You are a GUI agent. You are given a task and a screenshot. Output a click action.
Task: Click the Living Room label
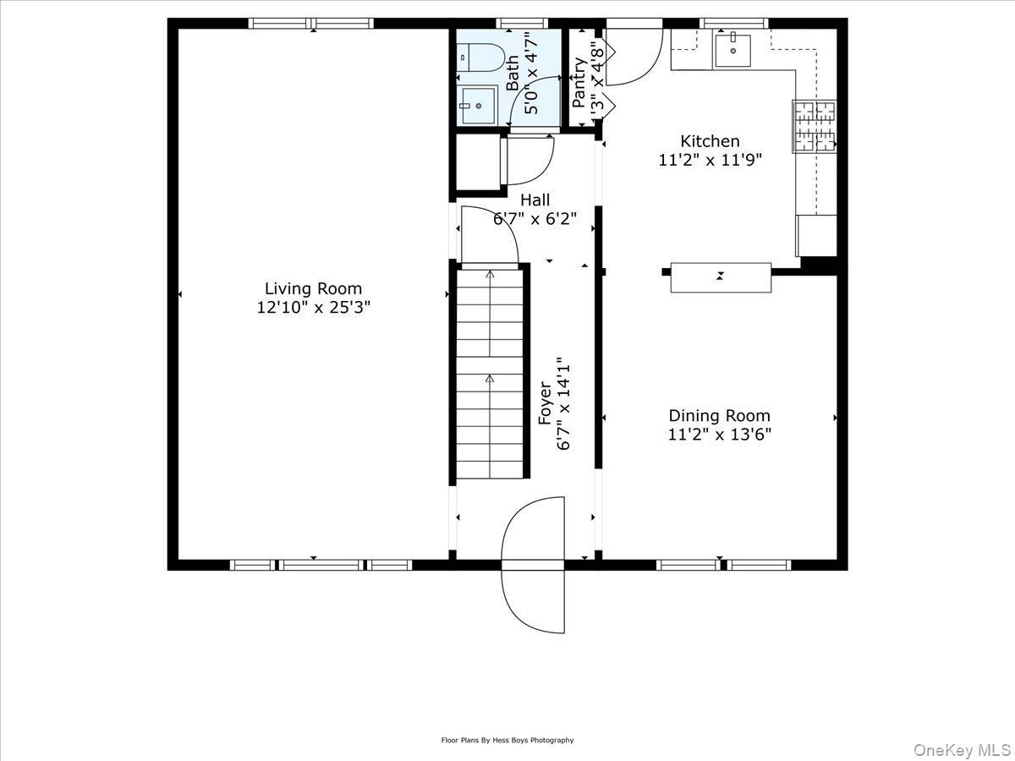point(313,288)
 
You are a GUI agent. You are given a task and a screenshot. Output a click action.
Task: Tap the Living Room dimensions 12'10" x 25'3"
point(313,308)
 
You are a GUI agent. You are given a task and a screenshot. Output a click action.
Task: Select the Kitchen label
point(710,141)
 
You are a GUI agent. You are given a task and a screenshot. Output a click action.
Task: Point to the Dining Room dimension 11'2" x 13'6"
point(719,435)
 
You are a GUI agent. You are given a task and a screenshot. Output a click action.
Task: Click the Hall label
point(535,200)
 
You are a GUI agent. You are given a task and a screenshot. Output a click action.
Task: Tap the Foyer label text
point(546,403)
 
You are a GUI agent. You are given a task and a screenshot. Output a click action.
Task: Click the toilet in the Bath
point(480,57)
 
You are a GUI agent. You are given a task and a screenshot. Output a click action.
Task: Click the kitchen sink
point(732,50)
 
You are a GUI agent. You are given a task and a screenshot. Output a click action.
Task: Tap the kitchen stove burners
point(814,126)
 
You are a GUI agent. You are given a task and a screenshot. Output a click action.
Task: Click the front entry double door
point(533,564)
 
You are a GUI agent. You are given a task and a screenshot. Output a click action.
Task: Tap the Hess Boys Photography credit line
point(507,740)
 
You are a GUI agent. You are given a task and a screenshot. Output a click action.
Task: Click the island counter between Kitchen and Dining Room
point(721,277)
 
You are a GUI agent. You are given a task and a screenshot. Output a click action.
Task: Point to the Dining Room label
point(719,415)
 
